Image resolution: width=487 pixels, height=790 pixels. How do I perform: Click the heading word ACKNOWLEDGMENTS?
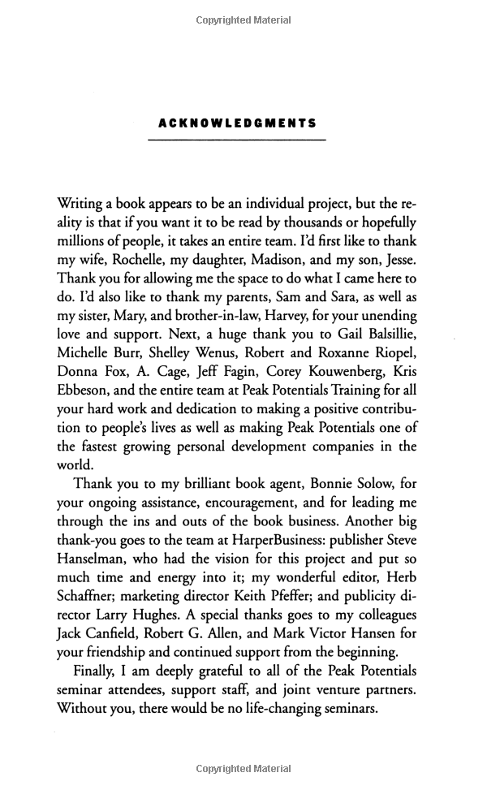[237, 124]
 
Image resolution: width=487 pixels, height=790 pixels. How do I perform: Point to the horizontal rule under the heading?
[237, 141]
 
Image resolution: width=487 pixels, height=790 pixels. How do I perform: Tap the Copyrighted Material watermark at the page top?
[243, 20]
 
